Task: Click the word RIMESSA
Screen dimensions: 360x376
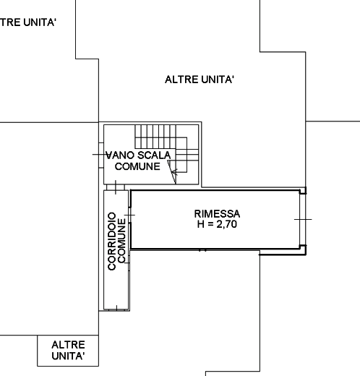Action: point(217,214)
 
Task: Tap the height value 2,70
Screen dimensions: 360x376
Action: point(227,224)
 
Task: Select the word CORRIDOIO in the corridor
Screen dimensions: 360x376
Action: point(112,242)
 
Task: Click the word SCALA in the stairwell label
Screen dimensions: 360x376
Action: point(154,155)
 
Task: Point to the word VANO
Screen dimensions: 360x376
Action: point(121,155)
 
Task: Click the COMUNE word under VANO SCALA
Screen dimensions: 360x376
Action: point(137,166)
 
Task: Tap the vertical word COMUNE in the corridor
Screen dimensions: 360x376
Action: point(121,240)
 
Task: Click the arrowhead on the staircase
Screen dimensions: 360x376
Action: point(174,172)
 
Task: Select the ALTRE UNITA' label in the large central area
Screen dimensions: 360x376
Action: point(200,80)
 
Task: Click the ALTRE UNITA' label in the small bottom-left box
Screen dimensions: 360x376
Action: point(68,350)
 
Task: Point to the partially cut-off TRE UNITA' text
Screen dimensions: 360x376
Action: point(28,22)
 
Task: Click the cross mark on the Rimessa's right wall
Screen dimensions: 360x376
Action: point(303,219)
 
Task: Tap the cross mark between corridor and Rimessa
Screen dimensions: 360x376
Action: point(130,215)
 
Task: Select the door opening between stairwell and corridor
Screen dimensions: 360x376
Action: point(116,187)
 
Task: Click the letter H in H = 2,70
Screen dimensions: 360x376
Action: point(201,224)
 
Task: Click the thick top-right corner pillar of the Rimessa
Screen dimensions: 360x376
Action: point(303,191)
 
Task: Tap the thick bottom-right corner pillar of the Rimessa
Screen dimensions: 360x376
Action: point(303,249)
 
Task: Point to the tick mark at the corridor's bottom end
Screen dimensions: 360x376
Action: point(116,308)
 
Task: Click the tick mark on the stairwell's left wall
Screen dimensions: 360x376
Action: point(100,155)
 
